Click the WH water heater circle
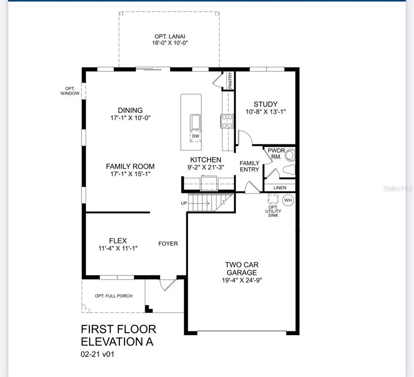(x=288, y=200)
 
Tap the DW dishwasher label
(x=195, y=136)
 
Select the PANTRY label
(x=230, y=80)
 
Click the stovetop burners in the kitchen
(x=227, y=121)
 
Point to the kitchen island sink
(x=195, y=122)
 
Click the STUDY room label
(x=266, y=104)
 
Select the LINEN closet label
(x=280, y=188)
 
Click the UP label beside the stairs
(x=184, y=203)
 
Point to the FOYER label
(x=168, y=243)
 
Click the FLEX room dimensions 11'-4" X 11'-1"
(x=118, y=248)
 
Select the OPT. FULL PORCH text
(x=114, y=296)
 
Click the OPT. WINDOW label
(x=70, y=91)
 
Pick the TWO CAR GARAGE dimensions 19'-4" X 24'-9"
(x=242, y=280)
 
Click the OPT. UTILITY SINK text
(x=273, y=211)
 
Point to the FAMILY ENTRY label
(x=249, y=166)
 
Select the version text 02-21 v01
(x=97, y=354)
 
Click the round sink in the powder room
(x=290, y=155)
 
